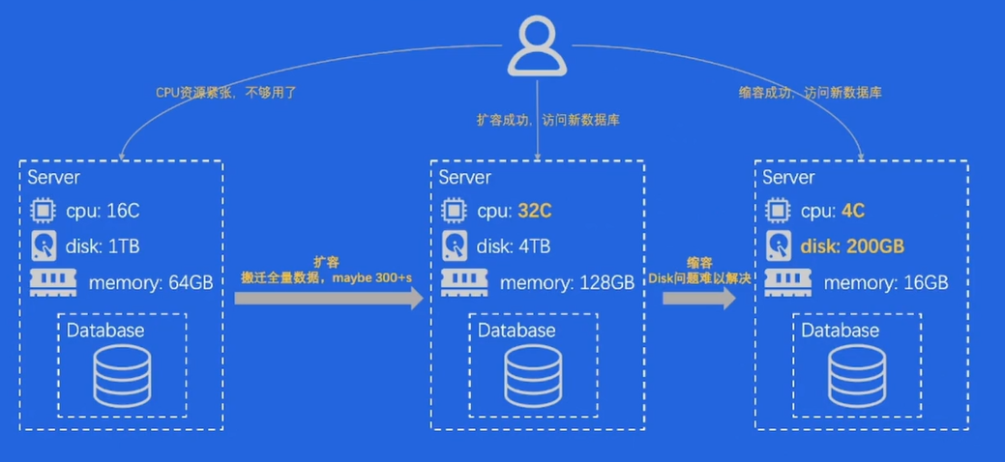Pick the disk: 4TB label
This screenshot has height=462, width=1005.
coord(514,246)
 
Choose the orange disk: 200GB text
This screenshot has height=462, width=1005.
coord(851,246)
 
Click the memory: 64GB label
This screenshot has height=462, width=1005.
coord(150,283)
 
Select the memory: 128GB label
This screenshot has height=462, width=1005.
coord(567,283)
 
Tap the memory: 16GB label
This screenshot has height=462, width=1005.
coord(886,283)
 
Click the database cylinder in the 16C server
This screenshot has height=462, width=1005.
coord(122,376)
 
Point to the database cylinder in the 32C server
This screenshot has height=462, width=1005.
coord(533,376)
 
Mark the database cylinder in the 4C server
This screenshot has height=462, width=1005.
coord(857,376)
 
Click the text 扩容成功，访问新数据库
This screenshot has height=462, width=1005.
coord(547,120)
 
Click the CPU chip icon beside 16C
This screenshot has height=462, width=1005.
coord(43,211)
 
